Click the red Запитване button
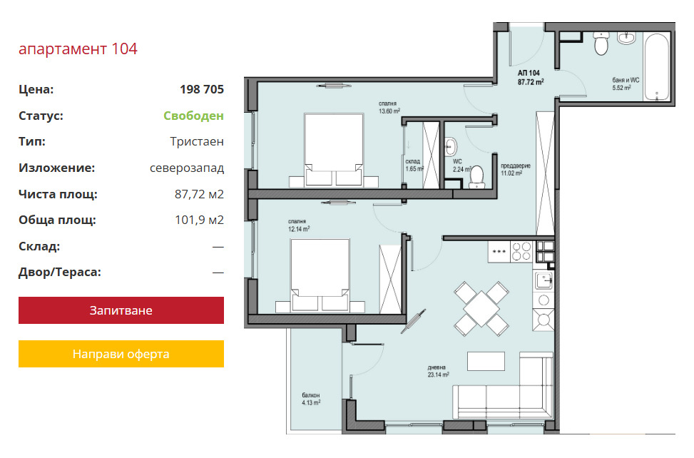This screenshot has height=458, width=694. pyautogui.click(x=121, y=310)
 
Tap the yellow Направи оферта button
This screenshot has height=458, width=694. pyautogui.click(x=121, y=354)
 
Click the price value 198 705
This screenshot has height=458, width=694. pyautogui.click(x=202, y=89)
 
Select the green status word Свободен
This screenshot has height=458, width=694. pyautogui.click(x=193, y=116)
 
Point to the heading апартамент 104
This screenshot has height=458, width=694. pyautogui.click(x=78, y=49)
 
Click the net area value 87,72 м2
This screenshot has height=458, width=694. pyautogui.click(x=199, y=194)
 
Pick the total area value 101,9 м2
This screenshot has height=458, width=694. pyautogui.click(x=199, y=220)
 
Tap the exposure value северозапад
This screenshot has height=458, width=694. pyautogui.click(x=187, y=168)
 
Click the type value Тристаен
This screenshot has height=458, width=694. pyautogui.click(x=197, y=141)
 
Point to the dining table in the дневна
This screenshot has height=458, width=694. pyautogui.click(x=481, y=309)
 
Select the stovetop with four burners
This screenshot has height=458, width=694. pyautogui.click(x=521, y=251)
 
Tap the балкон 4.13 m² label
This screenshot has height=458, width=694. pyautogui.click(x=311, y=399)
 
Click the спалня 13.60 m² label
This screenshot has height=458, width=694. pyautogui.click(x=389, y=108)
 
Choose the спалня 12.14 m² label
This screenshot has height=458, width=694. pyautogui.click(x=299, y=225)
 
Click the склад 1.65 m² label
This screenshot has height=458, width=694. pyautogui.click(x=414, y=165)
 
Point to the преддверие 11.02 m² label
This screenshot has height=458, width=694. pyautogui.click(x=515, y=170)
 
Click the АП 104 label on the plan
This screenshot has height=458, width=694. pyautogui.click(x=530, y=77)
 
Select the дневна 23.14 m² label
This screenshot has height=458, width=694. pyautogui.click(x=438, y=371)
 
